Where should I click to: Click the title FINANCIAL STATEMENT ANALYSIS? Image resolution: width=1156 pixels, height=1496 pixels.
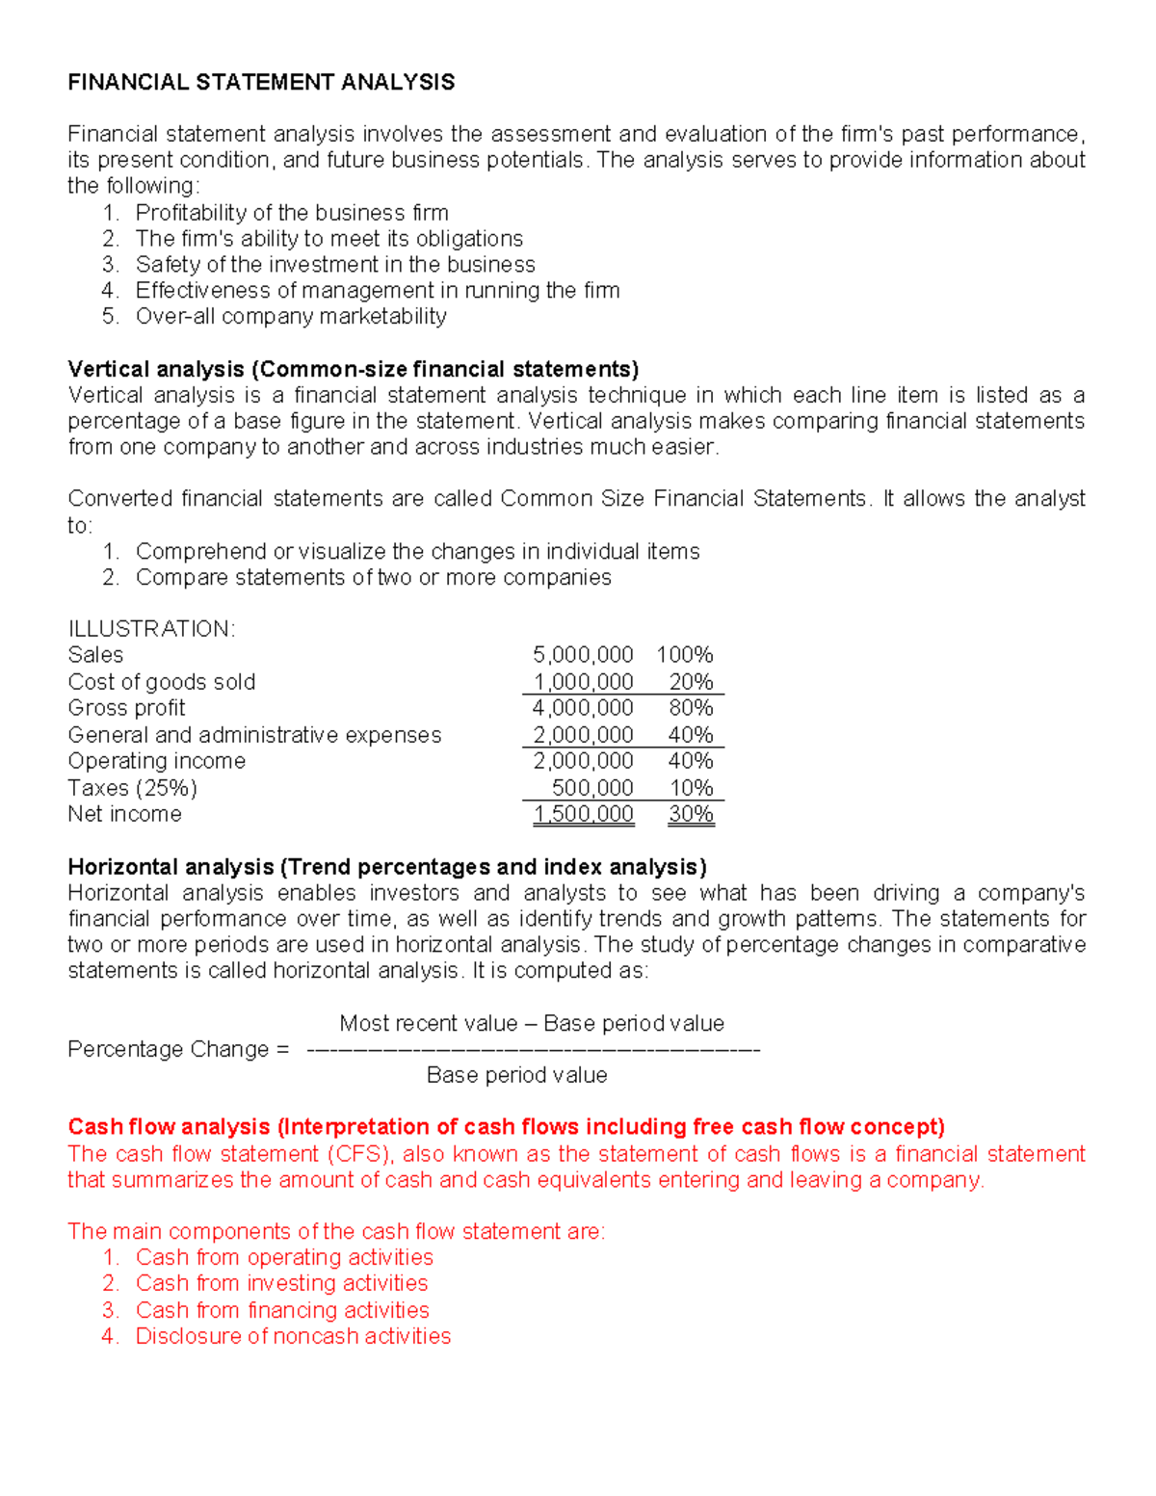261,82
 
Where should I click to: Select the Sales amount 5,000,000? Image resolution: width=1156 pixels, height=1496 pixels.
583,655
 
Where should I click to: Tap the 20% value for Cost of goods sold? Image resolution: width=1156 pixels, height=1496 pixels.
691,682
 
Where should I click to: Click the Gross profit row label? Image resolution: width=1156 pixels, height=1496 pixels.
126,708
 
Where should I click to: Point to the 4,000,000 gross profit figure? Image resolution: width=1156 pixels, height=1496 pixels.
583,708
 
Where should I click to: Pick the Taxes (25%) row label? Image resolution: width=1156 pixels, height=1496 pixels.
132,788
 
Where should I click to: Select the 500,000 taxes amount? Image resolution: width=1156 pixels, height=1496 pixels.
592,788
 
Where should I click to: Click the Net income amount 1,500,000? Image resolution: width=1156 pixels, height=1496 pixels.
584,814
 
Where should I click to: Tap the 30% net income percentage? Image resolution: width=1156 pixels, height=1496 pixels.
691,814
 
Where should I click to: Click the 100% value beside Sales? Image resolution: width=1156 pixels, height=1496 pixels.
685,655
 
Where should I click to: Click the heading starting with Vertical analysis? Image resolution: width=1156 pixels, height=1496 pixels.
354,369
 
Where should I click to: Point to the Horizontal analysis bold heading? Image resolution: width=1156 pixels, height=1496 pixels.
387,866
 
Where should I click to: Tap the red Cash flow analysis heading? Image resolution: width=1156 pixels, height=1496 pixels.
506,1126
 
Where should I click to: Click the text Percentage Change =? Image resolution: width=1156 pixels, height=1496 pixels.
178,1049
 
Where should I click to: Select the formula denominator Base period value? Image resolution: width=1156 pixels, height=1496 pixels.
516,1075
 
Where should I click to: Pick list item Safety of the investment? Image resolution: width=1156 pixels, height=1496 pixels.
335,265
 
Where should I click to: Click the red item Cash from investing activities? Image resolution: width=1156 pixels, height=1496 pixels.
281,1283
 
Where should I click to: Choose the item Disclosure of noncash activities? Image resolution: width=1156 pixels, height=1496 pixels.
293,1336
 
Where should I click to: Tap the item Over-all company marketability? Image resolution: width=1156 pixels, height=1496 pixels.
291,317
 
